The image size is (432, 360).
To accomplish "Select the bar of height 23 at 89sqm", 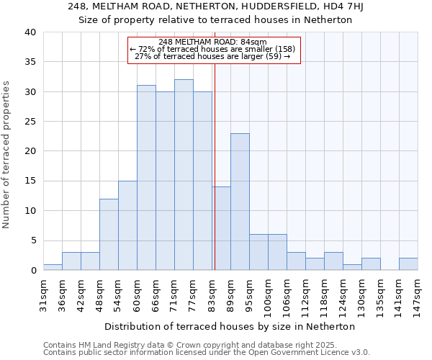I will [240, 202].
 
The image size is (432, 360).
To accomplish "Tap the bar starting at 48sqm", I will [109, 234].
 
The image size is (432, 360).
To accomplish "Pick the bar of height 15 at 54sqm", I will [127, 225].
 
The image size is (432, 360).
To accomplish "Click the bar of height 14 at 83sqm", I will [221, 228].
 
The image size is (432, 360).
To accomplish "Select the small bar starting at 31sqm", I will [53, 267].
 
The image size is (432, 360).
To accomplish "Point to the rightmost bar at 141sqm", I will [408, 264].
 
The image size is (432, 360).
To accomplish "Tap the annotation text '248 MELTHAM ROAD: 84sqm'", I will [213, 42].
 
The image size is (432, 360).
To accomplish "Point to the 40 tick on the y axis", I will [30, 32].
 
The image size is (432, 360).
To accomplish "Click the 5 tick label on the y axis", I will [32, 240].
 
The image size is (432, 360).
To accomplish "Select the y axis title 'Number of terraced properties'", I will [7, 154].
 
